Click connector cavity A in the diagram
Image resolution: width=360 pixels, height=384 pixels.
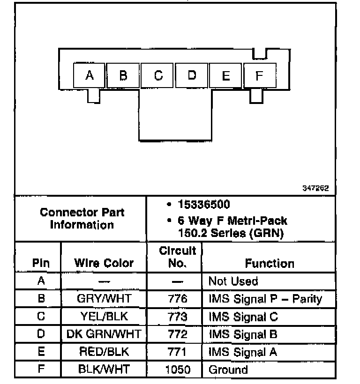[x=90, y=75]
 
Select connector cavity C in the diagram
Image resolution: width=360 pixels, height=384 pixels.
[x=158, y=75]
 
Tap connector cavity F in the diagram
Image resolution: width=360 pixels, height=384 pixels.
[x=259, y=75]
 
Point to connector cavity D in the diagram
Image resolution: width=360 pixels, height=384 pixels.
[x=192, y=75]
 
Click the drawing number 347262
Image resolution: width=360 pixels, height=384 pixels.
[x=315, y=188]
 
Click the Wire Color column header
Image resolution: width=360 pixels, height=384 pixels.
[x=104, y=263]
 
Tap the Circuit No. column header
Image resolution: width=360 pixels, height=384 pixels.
[x=177, y=257]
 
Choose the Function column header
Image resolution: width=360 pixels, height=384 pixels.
[x=270, y=263]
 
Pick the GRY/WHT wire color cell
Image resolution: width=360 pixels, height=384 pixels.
[x=104, y=299]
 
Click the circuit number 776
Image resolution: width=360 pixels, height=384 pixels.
[x=177, y=299]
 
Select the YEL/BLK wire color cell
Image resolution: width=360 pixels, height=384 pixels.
[x=104, y=317]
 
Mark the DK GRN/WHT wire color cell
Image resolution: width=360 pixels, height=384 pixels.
[x=104, y=334]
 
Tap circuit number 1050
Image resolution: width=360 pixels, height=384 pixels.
[x=178, y=370]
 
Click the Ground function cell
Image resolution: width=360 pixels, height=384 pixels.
[x=228, y=370]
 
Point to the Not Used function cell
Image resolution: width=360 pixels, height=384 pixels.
[x=233, y=281]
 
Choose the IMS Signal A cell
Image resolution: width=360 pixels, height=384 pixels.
[x=243, y=352]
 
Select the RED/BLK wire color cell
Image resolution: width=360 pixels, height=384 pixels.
[x=104, y=352]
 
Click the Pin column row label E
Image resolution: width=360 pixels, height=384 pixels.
[x=41, y=352]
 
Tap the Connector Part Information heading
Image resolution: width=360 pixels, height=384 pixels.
[x=82, y=218]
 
